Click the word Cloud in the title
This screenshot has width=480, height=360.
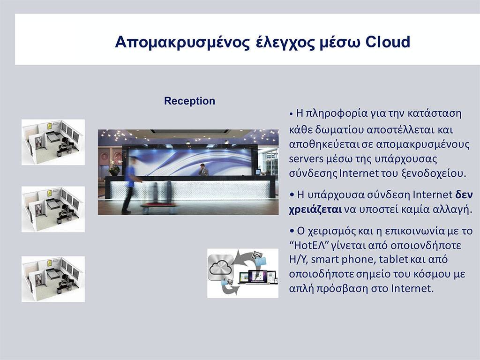coord(388,42)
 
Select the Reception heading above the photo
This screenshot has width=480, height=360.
coord(189,101)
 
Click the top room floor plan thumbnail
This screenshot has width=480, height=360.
coord(53,142)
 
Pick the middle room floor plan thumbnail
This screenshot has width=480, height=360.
coord(53,210)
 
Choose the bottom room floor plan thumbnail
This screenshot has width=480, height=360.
coord(53,279)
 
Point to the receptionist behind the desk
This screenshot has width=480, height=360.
coord(203,170)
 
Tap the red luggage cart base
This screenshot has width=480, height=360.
coord(159,204)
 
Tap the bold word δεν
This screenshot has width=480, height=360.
coord(464,195)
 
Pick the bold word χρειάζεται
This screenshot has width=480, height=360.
coord(315,210)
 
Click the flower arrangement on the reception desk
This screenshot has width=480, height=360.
coord(114,168)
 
